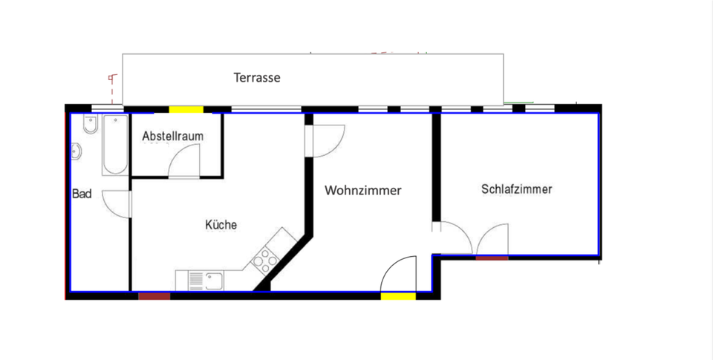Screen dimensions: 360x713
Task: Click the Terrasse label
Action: (x=257, y=77)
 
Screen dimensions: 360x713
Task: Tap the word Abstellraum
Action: (x=172, y=137)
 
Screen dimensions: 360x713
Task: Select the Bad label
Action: (x=82, y=194)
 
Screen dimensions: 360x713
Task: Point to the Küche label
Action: (x=221, y=224)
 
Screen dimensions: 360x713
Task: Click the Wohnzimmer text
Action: (x=362, y=191)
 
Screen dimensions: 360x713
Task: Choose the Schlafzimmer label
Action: (x=516, y=189)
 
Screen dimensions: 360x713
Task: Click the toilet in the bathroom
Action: (x=90, y=127)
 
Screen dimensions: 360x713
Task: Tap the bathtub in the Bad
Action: (x=114, y=145)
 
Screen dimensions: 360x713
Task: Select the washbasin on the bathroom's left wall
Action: (x=76, y=153)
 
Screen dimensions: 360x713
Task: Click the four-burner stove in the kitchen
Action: (x=264, y=260)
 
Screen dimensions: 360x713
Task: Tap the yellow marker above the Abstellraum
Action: (x=186, y=110)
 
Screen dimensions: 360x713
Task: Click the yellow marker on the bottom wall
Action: (x=398, y=297)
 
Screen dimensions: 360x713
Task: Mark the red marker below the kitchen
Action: (x=154, y=296)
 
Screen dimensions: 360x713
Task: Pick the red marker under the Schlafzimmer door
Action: (x=492, y=258)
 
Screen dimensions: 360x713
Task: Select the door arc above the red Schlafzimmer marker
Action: (x=493, y=239)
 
